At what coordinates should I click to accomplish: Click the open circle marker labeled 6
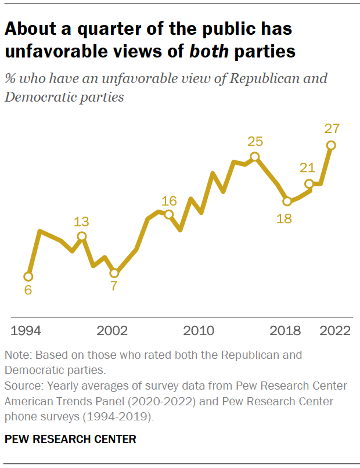click(x=28, y=276)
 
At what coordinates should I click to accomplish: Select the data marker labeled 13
click(x=82, y=236)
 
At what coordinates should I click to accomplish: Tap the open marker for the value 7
click(x=114, y=273)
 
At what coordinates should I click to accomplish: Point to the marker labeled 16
click(x=169, y=215)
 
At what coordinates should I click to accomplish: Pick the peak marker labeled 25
click(x=254, y=156)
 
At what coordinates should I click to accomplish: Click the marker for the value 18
click(x=287, y=201)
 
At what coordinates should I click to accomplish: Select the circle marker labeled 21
click(x=309, y=183)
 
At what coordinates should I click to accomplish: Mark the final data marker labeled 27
click(x=331, y=145)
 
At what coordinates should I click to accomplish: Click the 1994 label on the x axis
click(x=26, y=331)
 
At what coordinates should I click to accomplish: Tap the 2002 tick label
click(x=113, y=331)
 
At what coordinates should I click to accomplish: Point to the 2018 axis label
click(x=286, y=331)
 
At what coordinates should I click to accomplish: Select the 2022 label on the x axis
click(x=335, y=331)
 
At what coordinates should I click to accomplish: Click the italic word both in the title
click(x=208, y=51)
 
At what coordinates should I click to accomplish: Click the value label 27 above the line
click(x=332, y=129)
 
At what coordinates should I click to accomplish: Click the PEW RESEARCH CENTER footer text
click(x=70, y=440)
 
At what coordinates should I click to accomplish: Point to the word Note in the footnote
click(x=16, y=354)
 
